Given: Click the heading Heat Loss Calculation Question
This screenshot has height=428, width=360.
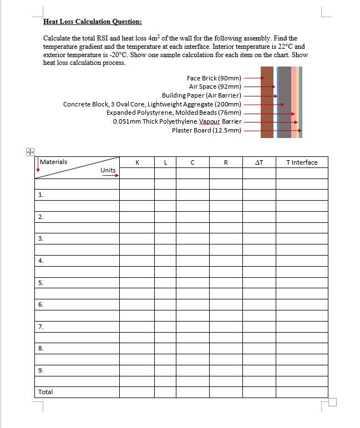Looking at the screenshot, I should pos(92,22).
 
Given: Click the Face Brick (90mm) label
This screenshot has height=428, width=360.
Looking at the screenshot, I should pos(214,78).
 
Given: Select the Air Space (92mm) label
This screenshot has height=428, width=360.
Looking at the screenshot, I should pos(215,86).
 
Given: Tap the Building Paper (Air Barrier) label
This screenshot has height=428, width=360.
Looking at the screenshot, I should pos(201,95).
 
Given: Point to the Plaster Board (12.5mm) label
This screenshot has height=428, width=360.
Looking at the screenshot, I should pos(206,130).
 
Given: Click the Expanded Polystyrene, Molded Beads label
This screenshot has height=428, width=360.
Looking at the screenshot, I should pos(174,113).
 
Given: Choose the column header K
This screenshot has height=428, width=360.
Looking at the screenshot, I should pos(137,162).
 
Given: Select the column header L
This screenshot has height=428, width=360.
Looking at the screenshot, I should pos(165,162).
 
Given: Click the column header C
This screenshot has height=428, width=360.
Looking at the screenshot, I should pos(192,162).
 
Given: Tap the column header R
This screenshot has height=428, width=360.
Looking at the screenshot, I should pos(226,162).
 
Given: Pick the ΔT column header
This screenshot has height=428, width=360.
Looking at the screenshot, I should pos(258,162).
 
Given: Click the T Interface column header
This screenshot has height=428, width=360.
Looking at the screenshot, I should pos(302,162).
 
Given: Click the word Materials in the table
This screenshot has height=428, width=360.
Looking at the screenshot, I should pos(54,162).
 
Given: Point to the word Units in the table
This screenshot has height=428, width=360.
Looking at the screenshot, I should pos(108,170).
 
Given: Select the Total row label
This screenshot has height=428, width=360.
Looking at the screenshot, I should pos(45,392).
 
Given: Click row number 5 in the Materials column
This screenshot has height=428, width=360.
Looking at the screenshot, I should pos(40,283).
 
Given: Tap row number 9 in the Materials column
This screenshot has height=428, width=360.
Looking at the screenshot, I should pos(40,370).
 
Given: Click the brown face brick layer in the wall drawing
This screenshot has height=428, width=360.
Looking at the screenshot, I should pos(267,102).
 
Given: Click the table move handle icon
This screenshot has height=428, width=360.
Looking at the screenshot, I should pos(30,151).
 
